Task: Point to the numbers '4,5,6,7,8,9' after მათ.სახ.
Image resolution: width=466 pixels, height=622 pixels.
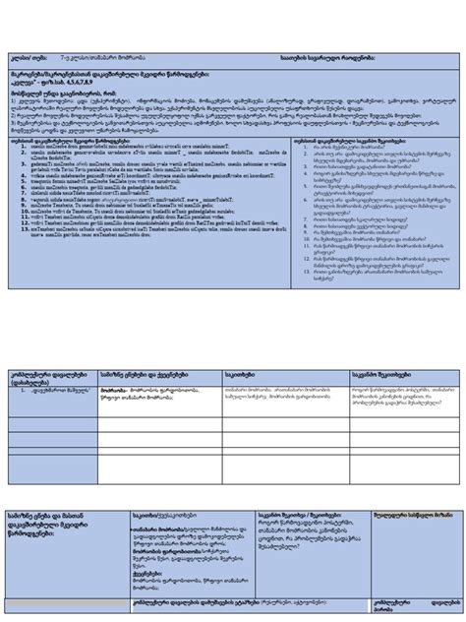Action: tap(97, 85)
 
